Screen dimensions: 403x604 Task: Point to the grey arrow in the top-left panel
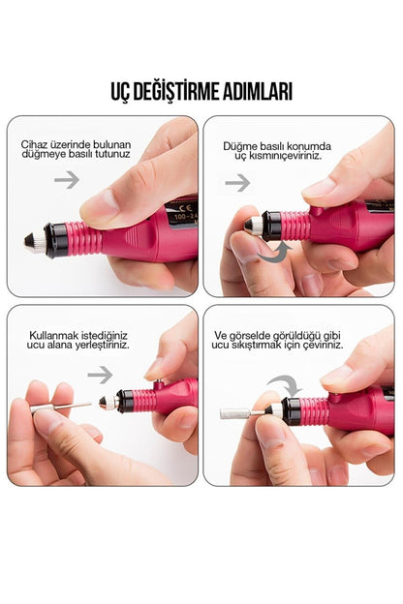(x=67, y=179)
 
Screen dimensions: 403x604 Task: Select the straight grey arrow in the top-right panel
(x=237, y=183)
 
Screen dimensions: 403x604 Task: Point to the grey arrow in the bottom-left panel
(x=100, y=375)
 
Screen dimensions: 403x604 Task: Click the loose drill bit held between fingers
(x=61, y=408)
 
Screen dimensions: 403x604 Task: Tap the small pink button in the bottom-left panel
(x=158, y=384)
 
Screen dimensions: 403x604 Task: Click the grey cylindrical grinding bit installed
(x=234, y=413)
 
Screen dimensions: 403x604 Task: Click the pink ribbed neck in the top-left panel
(x=80, y=238)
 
